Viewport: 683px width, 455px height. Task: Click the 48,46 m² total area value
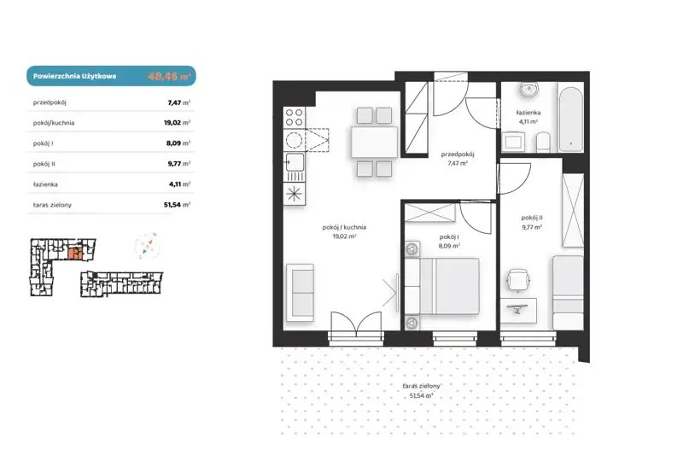[169, 76]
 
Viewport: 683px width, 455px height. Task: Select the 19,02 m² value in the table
[177, 123]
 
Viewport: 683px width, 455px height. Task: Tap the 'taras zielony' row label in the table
[52, 205]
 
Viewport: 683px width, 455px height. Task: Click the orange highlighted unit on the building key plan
[75, 254]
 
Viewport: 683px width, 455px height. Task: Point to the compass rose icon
[147, 247]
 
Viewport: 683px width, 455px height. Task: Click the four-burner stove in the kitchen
[294, 118]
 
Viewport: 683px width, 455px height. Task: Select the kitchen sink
[295, 162]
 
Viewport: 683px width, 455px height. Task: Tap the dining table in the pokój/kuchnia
[374, 142]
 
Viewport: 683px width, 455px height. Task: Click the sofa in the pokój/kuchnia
[300, 293]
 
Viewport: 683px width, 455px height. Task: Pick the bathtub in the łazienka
[570, 120]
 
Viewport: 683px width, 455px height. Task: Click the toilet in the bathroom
[543, 143]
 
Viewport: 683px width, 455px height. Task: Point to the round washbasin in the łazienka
[529, 90]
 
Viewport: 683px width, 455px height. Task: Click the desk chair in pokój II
[518, 280]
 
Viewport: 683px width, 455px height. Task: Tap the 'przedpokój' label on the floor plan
[458, 155]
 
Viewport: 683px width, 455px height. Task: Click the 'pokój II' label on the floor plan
[532, 218]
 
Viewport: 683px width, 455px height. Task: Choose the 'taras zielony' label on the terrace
[421, 386]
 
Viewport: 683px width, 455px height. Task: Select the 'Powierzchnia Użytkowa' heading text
[74, 76]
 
